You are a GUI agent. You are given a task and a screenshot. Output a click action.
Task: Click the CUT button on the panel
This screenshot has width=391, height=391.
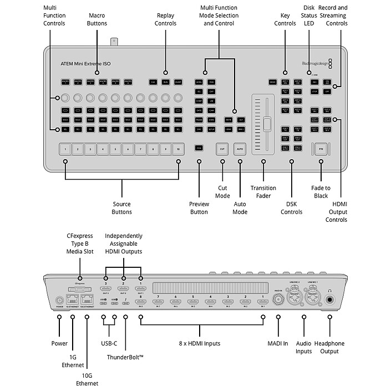(222, 149)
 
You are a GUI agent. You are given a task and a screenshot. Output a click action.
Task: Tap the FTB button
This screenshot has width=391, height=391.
(320, 149)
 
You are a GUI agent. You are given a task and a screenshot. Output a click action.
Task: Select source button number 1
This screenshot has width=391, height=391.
(65, 149)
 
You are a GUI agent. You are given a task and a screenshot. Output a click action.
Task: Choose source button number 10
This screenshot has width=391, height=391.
(178, 149)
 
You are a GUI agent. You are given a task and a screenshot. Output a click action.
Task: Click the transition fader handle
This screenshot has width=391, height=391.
(267, 124)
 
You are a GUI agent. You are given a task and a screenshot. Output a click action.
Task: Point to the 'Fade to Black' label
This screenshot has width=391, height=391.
(320, 192)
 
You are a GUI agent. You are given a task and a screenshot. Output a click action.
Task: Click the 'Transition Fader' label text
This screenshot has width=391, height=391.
(263, 192)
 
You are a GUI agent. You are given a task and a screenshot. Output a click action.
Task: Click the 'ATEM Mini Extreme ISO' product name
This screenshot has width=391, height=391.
(85, 64)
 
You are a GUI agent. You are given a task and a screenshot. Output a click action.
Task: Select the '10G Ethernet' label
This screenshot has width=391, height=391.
(87, 379)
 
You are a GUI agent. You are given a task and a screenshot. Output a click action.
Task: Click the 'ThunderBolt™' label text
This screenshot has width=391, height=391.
(125, 358)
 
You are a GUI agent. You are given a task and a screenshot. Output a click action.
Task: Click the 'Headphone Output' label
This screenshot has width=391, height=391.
(329, 347)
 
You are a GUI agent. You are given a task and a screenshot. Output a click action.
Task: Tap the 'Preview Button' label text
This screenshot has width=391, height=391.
(199, 207)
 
